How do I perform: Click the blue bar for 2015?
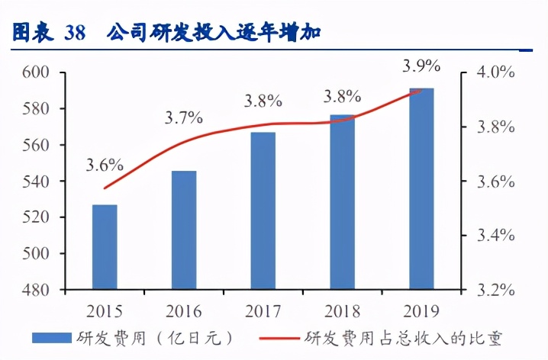point(105,247)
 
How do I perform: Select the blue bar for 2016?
point(184,230)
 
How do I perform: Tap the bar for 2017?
point(263,211)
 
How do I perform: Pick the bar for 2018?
point(343,202)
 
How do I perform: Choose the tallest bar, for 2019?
point(421,189)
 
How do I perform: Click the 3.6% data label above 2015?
point(105,165)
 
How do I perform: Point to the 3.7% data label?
point(184,118)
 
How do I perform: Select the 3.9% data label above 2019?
point(421,67)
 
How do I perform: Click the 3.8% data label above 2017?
point(263,100)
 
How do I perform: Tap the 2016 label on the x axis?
point(183,311)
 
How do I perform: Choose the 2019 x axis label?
point(421,311)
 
